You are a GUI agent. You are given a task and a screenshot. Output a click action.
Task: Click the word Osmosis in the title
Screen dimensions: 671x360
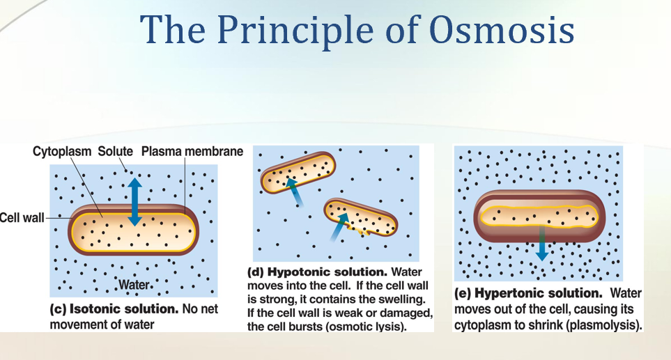point(502,30)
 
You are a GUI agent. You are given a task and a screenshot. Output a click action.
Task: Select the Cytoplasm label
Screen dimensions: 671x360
point(62,151)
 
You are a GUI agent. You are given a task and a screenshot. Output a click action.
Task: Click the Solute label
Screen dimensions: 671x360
point(115,151)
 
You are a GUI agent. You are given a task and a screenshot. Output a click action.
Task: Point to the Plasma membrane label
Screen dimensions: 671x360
point(192,151)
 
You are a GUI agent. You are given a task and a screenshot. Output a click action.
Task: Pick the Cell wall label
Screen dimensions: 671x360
point(22,218)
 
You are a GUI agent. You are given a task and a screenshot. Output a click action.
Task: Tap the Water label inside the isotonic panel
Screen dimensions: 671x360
point(134,284)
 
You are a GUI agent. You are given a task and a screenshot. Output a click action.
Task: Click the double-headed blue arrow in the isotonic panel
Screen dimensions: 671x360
point(134,202)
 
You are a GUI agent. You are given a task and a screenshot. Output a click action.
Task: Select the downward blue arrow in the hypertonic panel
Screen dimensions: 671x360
point(542,243)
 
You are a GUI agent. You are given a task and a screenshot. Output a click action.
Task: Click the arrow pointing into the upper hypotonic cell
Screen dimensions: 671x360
point(295,192)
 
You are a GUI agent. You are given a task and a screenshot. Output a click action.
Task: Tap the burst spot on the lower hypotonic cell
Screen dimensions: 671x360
point(359,231)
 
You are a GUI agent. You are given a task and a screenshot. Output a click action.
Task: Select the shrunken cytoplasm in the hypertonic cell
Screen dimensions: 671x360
point(539,216)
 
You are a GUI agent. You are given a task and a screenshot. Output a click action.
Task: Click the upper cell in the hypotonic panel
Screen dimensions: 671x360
point(298,172)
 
